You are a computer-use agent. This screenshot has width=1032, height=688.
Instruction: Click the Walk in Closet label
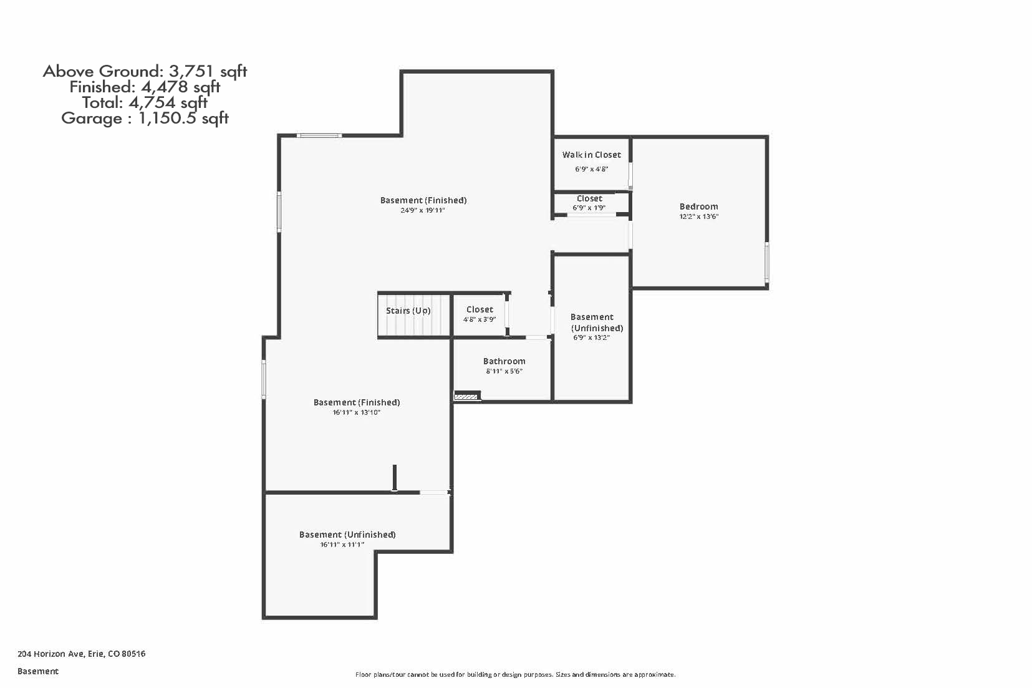click(591, 155)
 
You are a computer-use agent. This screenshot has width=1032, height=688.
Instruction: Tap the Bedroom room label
click(698, 206)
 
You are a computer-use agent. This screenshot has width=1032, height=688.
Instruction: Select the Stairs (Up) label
click(408, 311)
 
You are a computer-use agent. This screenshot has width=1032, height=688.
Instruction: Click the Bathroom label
click(504, 361)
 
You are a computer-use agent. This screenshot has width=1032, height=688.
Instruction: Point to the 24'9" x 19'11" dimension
click(423, 211)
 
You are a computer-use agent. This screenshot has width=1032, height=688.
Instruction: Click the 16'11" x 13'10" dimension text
click(357, 413)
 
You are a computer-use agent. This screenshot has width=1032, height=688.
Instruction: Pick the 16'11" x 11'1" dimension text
click(342, 545)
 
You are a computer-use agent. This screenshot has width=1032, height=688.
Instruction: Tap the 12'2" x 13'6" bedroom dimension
click(698, 217)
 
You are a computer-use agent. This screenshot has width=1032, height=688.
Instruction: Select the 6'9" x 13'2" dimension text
click(591, 338)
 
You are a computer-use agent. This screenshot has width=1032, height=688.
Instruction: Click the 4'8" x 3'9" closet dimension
click(479, 319)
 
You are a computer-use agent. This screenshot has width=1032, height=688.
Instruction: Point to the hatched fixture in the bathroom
click(466, 395)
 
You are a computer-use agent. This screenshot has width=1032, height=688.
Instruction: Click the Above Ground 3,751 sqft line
click(145, 71)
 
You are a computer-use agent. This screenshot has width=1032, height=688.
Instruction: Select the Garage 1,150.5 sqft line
click(145, 119)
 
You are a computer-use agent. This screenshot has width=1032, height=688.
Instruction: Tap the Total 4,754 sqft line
click(145, 103)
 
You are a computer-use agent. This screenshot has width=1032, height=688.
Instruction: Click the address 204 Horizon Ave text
click(81, 654)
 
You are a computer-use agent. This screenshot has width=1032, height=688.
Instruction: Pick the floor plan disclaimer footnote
click(515, 674)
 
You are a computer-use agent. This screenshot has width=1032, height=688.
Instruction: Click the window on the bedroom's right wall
click(767, 262)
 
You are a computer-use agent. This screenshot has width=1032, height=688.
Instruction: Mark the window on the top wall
click(319, 135)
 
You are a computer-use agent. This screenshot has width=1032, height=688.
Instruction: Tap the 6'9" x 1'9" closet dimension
click(589, 208)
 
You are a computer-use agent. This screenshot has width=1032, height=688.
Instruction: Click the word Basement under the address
click(38, 671)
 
